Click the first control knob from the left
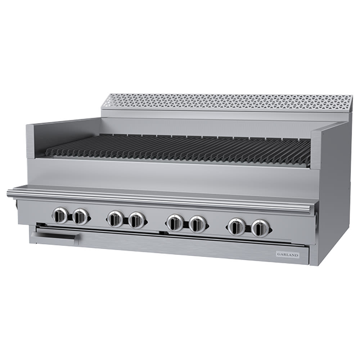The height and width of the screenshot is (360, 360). pos(60,216)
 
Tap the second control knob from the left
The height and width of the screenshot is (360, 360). pos(80,216)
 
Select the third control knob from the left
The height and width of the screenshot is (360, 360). pos(116,219)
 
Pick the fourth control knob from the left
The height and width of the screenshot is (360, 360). pos(136,220)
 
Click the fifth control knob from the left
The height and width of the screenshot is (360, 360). pos(175,222)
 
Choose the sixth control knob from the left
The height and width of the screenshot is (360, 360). pos(197,224)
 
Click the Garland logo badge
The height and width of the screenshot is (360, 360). pos(287,255)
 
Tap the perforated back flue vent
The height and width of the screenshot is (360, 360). pos(227,102)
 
